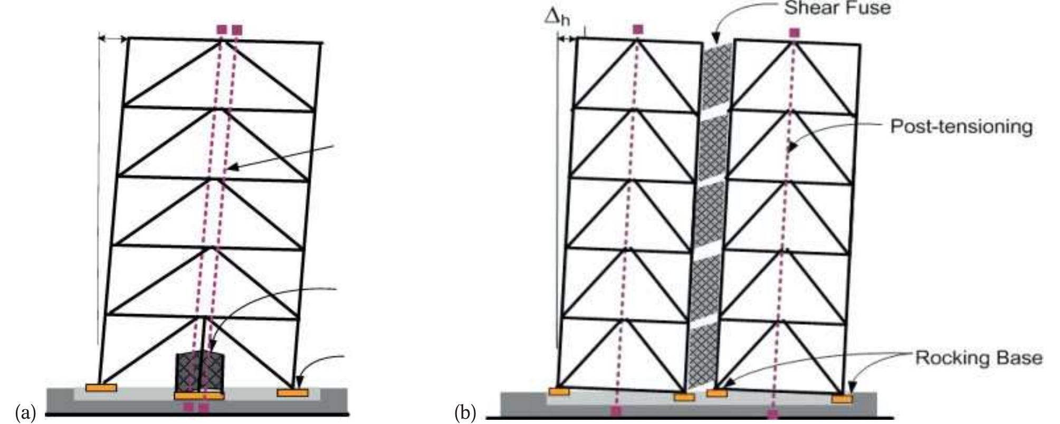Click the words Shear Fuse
coord(837,8)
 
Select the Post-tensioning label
coord(961,127)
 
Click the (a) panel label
coord(25,411)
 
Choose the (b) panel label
coord(465,411)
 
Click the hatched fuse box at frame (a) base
coord(200,372)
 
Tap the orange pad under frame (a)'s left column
coord(101,388)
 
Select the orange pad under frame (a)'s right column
coord(292,392)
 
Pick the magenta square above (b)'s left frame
coord(638,29)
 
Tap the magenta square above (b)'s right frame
coord(795,33)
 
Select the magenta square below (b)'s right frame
coord(772,413)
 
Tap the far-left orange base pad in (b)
coord(559,391)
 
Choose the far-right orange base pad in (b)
coord(842,399)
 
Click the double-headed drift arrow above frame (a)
coord(113,39)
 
